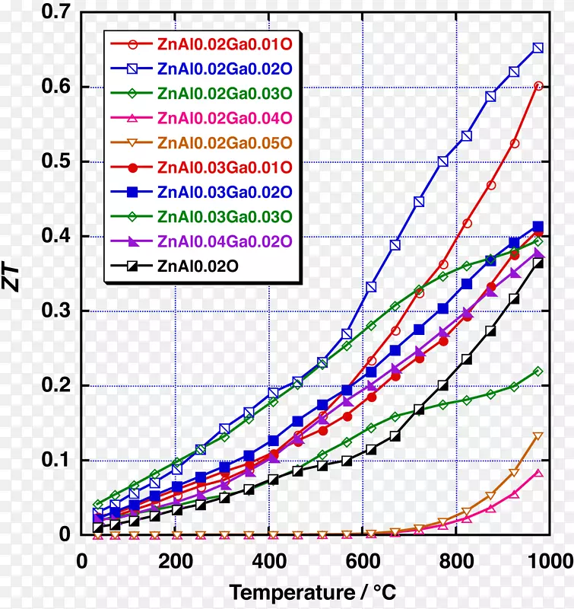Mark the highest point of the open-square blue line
click(x=538, y=48)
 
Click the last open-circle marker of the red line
click(x=538, y=86)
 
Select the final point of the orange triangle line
click(x=538, y=436)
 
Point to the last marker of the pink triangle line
click(x=538, y=473)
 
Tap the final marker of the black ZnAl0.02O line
click(x=538, y=263)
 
